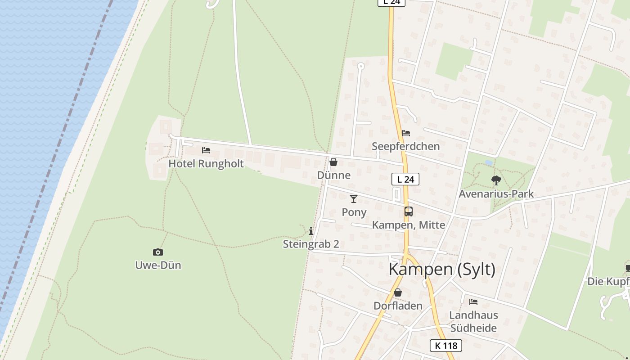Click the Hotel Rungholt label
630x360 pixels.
pyautogui.click(x=206, y=163)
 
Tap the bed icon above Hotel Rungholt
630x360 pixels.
pyautogui.click(x=206, y=150)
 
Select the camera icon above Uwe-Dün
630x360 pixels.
pyautogui.click(x=158, y=252)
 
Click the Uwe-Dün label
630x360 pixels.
pyautogui.click(x=158, y=265)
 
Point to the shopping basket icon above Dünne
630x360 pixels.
pyautogui.click(x=333, y=162)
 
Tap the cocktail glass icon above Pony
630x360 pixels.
pyautogui.click(x=354, y=199)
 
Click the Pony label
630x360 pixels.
pyautogui.click(x=354, y=212)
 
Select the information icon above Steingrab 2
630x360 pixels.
pyautogui.click(x=311, y=231)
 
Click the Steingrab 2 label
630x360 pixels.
pyautogui.click(x=311, y=244)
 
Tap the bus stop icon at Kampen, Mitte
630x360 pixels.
pyautogui.click(x=409, y=211)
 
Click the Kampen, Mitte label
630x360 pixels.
pyautogui.click(x=409, y=225)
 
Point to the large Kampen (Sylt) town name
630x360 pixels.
pyautogui.click(x=441, y=269)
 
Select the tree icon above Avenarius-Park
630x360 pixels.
pyautogui.click(x=496, y=180)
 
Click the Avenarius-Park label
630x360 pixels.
pyautogui.click(x=496, y=194)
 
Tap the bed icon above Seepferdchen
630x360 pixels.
pyautogui.click(x=406, y=133)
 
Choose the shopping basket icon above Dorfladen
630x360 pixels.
pyautogui.click(x=398, y=293)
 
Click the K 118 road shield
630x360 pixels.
pyautogui.click(x=446, y=346)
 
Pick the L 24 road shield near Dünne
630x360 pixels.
pyautogui.click(x=405, y=179)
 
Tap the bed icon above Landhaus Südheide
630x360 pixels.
pyautogui.click(x=473, y=302)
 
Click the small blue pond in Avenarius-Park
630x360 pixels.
pyautogui.click(x=489, y=162)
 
